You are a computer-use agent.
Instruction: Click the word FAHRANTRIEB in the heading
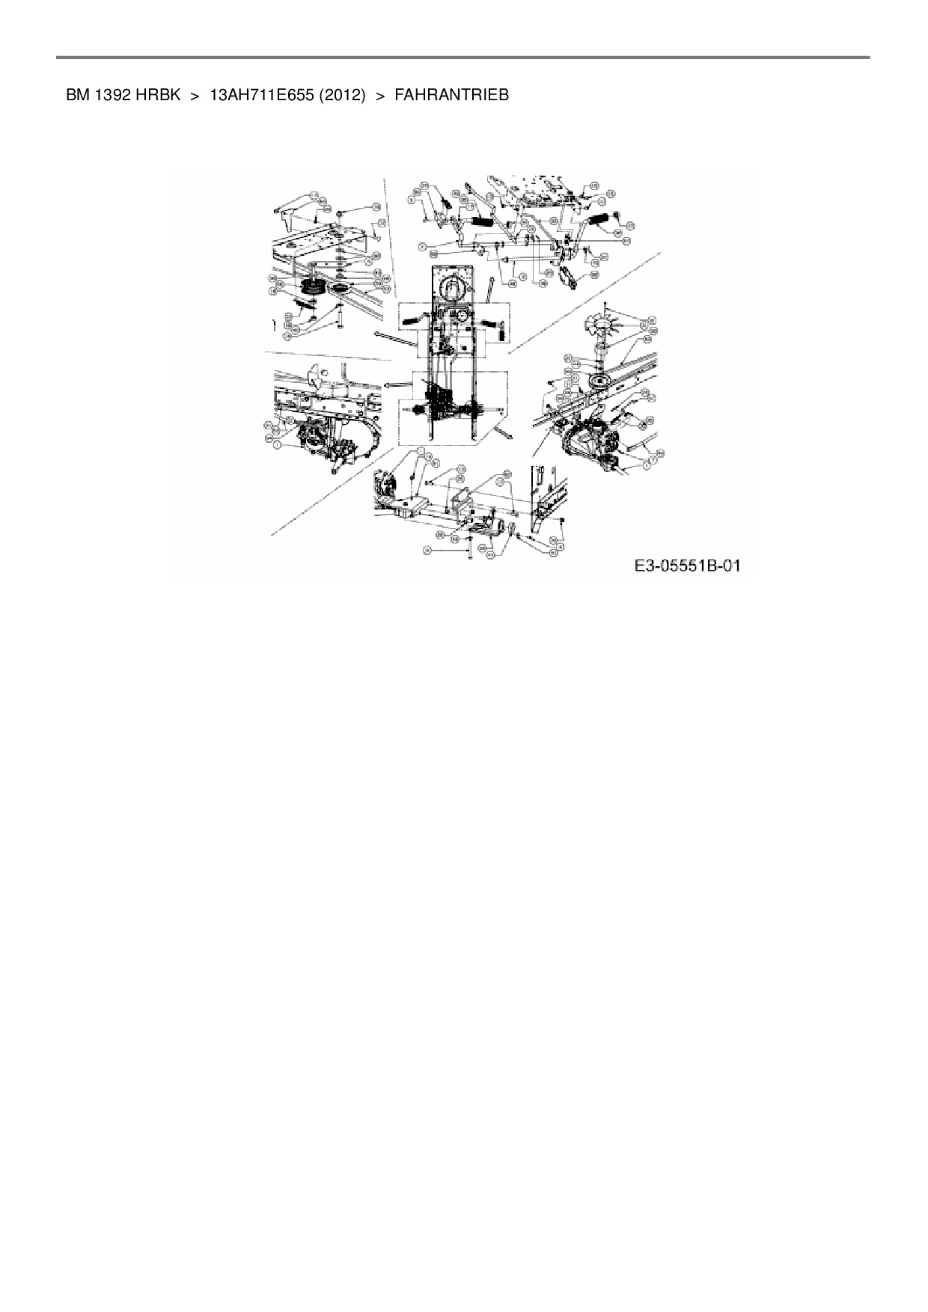(451, 95)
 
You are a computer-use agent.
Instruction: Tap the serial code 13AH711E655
(260, 95)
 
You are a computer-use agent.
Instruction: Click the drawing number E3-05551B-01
(687, 566)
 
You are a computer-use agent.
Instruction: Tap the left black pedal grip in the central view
(412, 320)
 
